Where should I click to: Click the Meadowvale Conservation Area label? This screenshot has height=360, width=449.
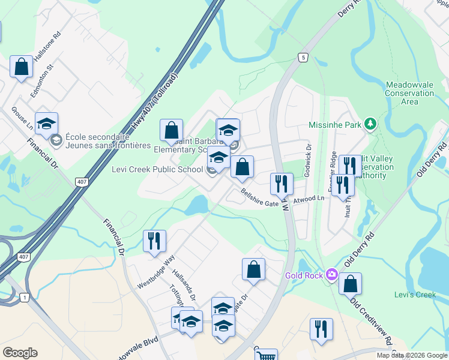tap(409, 94)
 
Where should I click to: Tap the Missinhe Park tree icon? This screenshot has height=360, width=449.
tap(371, 125)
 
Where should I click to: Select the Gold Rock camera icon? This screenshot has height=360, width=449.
tap(331, 275)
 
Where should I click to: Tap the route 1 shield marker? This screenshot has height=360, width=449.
tap(24, 297)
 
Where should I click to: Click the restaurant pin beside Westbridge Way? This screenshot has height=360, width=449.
tap(155, 241)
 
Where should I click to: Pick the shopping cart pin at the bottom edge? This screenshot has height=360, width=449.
tap(265, 355)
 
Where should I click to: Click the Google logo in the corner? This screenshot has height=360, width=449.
tap(20, 353)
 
